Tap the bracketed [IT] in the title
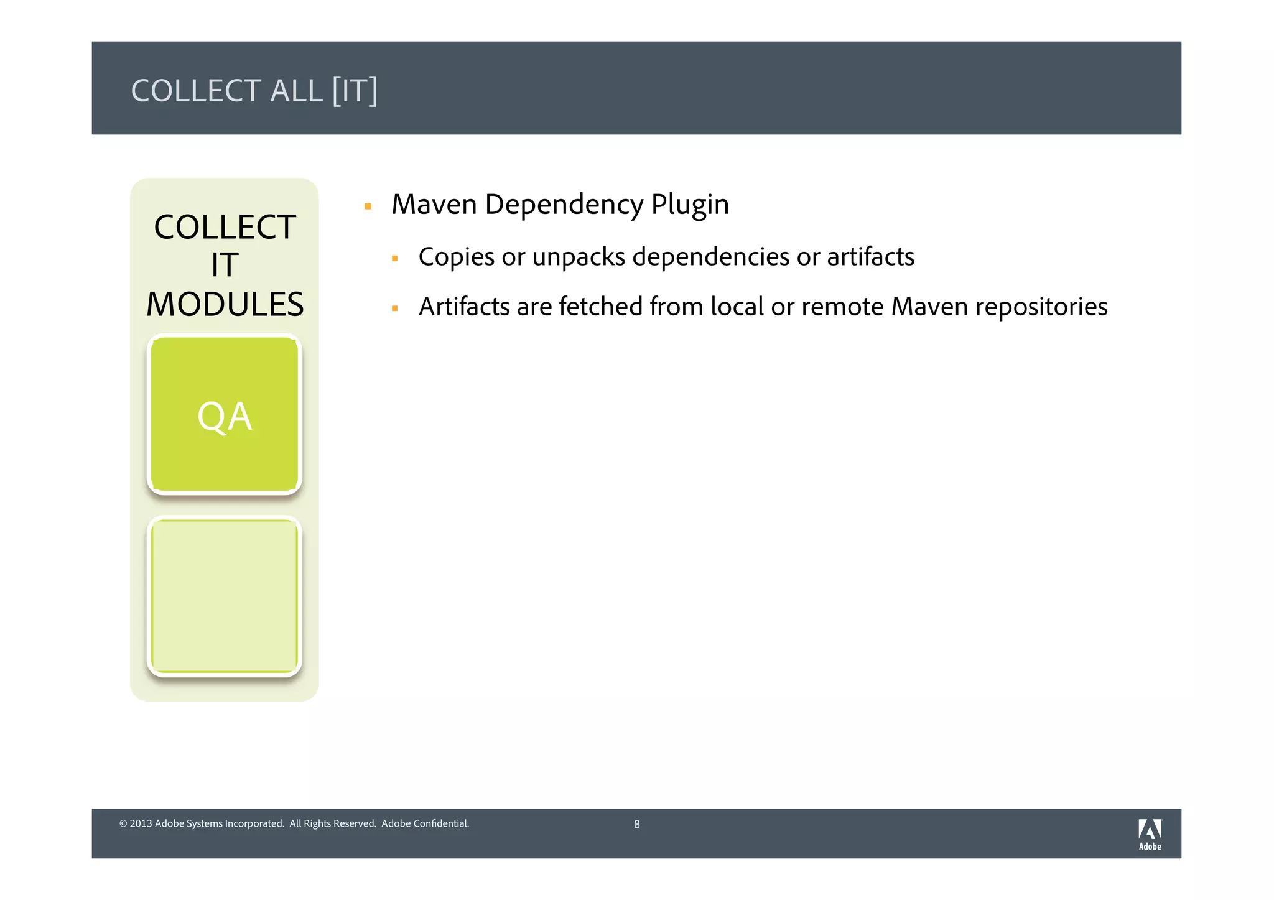click(354, 91)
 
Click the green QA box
click(225, 415)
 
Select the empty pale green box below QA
click(225, 596)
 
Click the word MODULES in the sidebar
click(225, 304)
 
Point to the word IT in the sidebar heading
click(225, 266)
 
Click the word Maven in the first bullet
click(434, 205)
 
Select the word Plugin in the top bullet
click(689, 205)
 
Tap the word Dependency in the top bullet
click(564, 205)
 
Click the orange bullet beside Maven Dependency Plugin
click(368, 206)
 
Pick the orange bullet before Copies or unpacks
click(394, 258)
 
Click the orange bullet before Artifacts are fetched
click(394, 308)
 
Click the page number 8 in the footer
click(636, 825)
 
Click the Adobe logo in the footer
click(1150, 834)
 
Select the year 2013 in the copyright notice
click(141, 823)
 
